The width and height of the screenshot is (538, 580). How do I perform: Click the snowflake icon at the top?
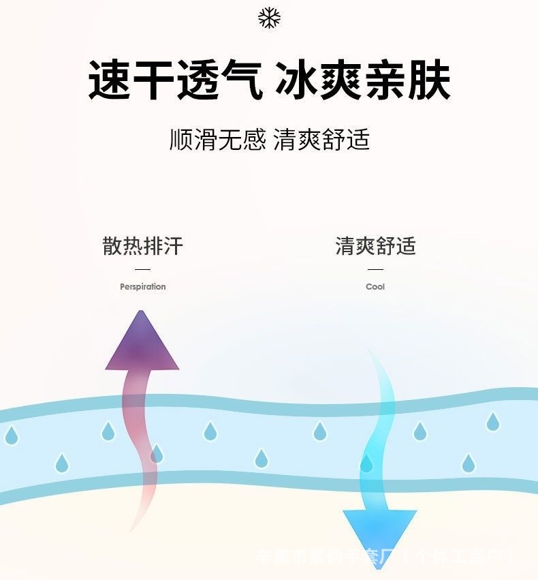click(269, 18)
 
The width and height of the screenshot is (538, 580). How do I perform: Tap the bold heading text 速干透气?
click(175, 80)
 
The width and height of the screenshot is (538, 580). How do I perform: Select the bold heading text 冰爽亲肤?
click(362, 80)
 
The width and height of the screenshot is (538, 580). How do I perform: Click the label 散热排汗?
click(143, 246)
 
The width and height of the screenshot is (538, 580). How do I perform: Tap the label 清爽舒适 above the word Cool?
click(375, 246)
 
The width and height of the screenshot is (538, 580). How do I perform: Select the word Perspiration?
click(143, 287)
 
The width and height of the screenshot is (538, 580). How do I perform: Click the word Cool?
click(375, 287)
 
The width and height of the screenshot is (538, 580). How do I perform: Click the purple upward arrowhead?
click(142, 344)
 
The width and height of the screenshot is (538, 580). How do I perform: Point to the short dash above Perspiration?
click(143, 270)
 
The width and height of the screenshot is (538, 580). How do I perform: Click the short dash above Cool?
click(375, 270)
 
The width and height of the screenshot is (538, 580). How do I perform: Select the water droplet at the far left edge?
click(11, 434)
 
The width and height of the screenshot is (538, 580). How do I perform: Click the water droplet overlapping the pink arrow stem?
click(157, 454)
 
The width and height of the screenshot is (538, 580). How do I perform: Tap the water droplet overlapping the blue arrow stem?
click(366, 463)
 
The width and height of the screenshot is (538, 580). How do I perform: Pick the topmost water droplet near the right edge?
click(492, 422)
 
